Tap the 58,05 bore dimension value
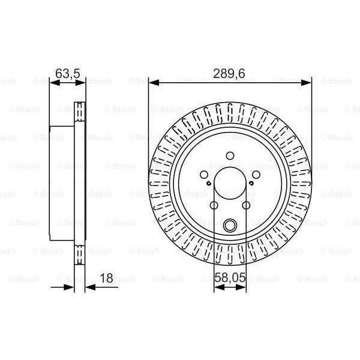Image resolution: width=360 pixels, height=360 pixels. (230, 278)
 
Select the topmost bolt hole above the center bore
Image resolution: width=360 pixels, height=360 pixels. (230, 156)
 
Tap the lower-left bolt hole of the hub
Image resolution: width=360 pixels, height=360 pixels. (214, 205)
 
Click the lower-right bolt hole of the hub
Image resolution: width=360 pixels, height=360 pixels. (246, 205)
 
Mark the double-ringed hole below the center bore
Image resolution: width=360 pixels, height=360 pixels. (230, 226)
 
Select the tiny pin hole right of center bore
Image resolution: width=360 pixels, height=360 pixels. (252, 184)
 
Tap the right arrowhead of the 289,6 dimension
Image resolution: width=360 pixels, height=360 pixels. (308, 83)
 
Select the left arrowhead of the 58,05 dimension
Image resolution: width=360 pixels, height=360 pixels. (217, 287)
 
